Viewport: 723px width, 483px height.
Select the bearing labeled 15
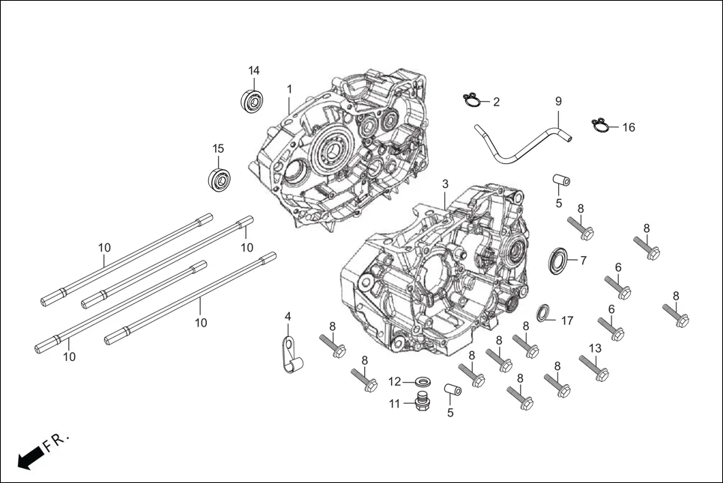(218, 180)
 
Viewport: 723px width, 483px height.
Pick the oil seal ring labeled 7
(557, 259)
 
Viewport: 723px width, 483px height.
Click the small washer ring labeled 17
(544, 312)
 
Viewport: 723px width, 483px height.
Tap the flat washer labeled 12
(421, 382)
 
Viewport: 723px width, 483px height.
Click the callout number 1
(289, 89)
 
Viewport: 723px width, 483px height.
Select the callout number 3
(445, 183)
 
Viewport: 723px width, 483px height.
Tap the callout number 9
(557, 100)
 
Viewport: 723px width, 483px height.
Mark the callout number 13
(595, 347)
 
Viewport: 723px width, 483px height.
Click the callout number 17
(567, 321)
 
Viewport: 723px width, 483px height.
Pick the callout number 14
(254, 70)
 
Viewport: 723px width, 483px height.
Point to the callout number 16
(628, 127)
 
